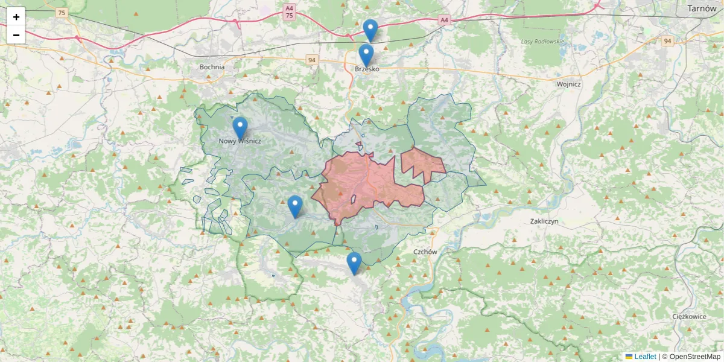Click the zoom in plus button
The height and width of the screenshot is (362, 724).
(x=16, y=17)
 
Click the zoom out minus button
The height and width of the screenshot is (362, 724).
(x=16, y=35)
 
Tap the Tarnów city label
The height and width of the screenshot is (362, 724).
(x=702, y=8)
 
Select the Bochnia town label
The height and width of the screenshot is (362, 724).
(x=212, y=67)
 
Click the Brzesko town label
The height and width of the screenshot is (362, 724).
(x=367, y=69)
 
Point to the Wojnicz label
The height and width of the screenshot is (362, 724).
(x=569, y=84)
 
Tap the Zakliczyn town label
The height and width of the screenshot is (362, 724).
(x=544, y=221)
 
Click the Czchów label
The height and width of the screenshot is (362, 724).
(x=425, y=252)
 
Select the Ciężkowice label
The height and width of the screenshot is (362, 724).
(x=689, y=316)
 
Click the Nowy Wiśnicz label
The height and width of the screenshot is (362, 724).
(x=240, y=141)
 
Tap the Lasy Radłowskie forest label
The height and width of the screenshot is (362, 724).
(x=542, y=42)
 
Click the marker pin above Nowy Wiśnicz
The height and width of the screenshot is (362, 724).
(x=240, y=127)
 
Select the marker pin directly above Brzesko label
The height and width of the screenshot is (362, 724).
(x=366, y=55)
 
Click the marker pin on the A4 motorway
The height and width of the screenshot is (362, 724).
(x=370, y=30)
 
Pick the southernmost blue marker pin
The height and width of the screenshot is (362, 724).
(x=354, y=263)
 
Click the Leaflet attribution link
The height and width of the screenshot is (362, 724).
(x=644, y=357)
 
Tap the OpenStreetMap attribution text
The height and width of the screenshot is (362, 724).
(x=691, y=357)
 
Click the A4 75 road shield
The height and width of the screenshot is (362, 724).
(x=290, y=12)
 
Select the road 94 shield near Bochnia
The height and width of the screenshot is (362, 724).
(x=311, y=60)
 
